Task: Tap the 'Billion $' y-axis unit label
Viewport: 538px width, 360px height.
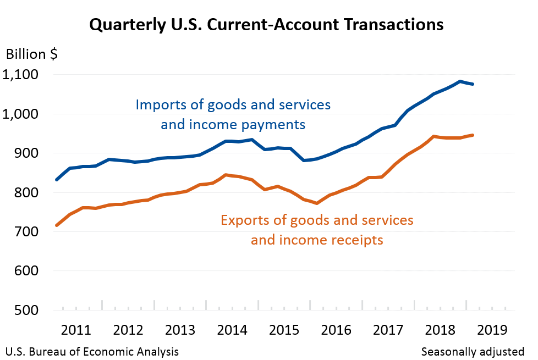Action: coord(31,54)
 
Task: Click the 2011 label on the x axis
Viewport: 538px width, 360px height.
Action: coord(75,330)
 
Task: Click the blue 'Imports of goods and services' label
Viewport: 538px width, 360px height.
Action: coord(233,104)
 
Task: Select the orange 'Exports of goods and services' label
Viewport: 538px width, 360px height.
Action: coord(317,220)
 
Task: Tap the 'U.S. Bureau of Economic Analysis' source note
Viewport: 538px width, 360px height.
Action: coord(92,351)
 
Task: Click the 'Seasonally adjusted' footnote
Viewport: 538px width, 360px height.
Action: coord(473,351)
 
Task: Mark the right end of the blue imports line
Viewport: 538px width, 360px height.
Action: coord(473,84)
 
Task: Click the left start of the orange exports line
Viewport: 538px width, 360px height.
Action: coord(57,225)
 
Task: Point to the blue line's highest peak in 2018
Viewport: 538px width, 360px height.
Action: coord(460,81)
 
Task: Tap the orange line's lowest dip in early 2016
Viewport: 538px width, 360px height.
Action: coord(317,203)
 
